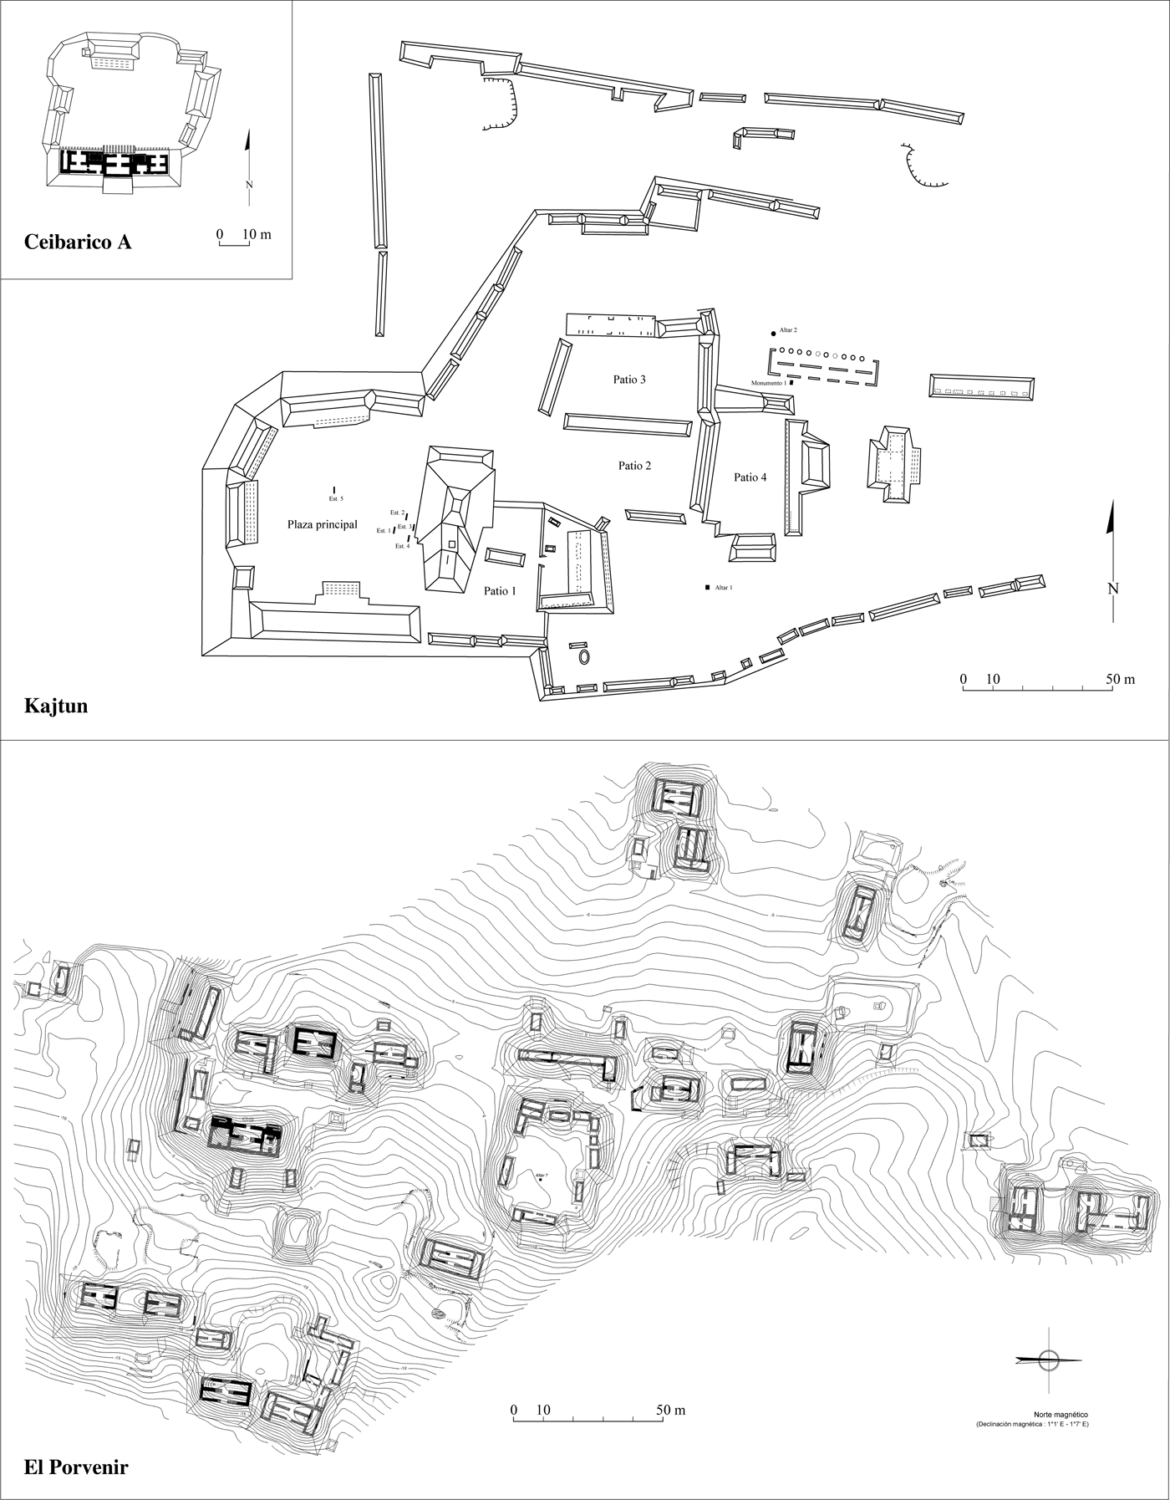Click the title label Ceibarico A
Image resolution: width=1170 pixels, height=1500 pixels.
pyautogui.click(x=78, y=242)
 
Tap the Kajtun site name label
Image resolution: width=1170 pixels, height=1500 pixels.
pyautogui.click(x=56, y=707)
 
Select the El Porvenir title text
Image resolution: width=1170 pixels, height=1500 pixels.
pyautogui.click(x=76, y=1467)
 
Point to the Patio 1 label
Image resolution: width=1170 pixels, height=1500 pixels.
pyautogui.click(x=500, y=591)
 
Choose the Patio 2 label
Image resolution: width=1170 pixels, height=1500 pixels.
pyautogui.click(x=635, y=466)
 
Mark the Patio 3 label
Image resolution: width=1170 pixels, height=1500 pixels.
pyautogui.click(x=629, y=380)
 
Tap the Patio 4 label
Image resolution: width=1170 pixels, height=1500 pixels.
pyautogui.click(x=750, y=477)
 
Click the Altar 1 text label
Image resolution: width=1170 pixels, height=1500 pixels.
pyautogui.click(x=724, y=588)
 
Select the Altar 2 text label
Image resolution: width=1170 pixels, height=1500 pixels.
pyautogui.click(x=789, y=331)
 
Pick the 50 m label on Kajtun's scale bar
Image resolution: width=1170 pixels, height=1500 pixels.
pyautogui.click(x=1119, y=679)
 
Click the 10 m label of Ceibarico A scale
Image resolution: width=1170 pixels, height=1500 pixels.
pyautogui.click(x=257, y=234)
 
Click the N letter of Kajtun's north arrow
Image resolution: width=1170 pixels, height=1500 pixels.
pyautogui.click(x=1112, y=588)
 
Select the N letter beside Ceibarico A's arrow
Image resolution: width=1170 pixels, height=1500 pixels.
pyautogui.click(x=249, y=185)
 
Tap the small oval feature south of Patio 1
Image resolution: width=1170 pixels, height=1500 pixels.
pyautogui.click(x=584, y=656)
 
